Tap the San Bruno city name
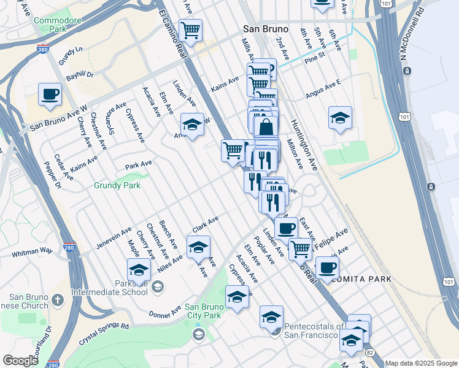tap(263, 28)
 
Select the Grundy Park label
tap(117, 185)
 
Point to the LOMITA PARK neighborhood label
tap(363, 279)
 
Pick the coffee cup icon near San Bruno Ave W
tap(50, 94)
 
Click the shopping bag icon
tap(266, 128)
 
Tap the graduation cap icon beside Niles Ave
tap(198, 247)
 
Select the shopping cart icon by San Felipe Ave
tap(300, 249)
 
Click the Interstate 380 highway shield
tap(44, 48)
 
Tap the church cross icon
tap(57, 300)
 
